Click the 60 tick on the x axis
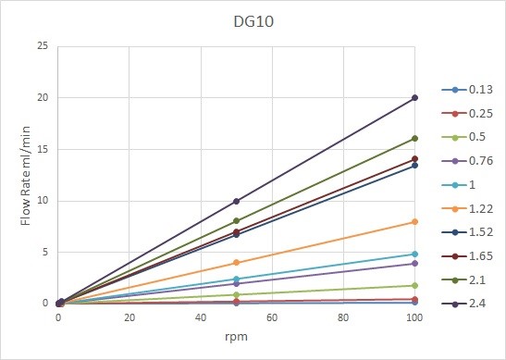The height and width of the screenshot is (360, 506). pyautogui.click(x=272, y=317)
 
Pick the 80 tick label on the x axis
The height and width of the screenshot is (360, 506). pyautogui.click(x=343, y=317)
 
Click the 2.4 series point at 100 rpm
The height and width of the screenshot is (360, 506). pyautogui.click(x=414, y=98)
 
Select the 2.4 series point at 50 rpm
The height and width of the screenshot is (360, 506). pyautogui.click(x=237, y=201)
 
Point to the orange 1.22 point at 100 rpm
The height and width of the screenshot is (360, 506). pyautogui.click(x=414, y=222)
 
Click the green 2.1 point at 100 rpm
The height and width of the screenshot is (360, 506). pyautogui.click(x=414, y=139)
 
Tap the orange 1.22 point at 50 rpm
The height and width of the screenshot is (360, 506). pyautogui.click(x=237, y=263)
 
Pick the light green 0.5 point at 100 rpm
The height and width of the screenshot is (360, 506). pyautogui.click(x=414, y=285)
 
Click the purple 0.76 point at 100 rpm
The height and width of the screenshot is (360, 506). pyautogui.click(x=414, y=264)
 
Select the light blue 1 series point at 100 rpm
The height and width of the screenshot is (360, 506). pyautogui.click(x=414, y=254)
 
